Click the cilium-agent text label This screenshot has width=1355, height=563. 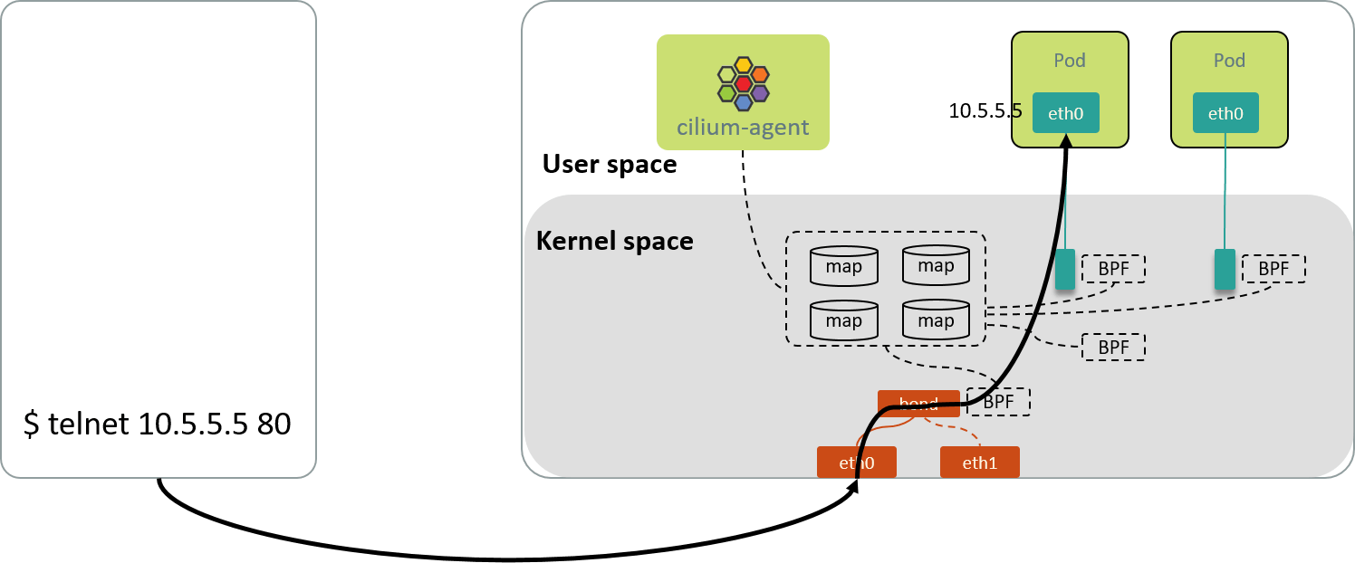pos(743,128)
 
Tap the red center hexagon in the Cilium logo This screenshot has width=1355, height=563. pos(744,83)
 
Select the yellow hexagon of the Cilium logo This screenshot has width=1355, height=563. pos(744,64)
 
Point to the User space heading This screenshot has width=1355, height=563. pos(610,164)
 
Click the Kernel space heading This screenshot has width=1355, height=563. pos(615,242)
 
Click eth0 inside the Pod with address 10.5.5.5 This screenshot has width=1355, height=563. pos(1065,113)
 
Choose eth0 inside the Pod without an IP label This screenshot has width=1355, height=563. pos(1225,113)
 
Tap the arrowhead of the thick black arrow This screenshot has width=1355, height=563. pos(1067,140)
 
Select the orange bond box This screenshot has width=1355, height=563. pos(918,403)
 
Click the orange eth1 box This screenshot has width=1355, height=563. pos(980,463)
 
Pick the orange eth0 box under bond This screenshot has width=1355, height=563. pos(856,463)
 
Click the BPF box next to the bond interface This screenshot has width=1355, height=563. pos(998,402)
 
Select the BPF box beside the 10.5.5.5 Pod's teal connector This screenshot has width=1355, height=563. pos(1113,269)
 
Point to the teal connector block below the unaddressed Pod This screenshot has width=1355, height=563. pos(1225,270)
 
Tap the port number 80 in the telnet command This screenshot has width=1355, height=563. pos(274,425)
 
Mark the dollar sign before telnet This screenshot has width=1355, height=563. pos(31,425)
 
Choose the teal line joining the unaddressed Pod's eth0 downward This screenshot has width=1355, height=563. pos(1225,190)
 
